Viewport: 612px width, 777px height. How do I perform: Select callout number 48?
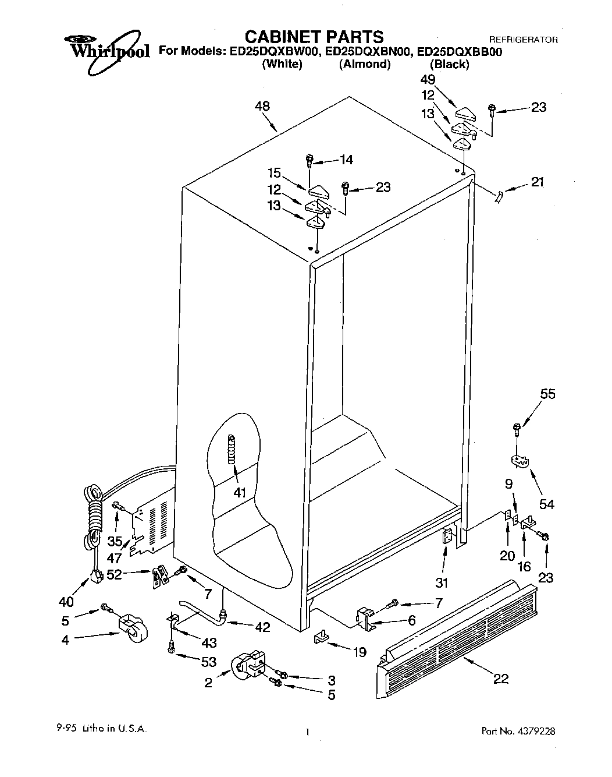[262, 107]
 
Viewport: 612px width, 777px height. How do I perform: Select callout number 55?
[547, 394]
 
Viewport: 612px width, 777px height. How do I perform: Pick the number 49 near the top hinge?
[428, 80]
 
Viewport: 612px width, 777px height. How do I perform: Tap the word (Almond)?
[364, 65]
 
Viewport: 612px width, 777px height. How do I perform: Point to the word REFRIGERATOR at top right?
[523, 40]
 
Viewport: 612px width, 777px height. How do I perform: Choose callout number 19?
[360, 652]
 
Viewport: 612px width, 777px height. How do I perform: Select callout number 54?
[547, 504]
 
